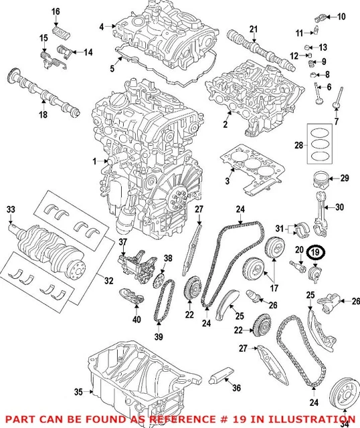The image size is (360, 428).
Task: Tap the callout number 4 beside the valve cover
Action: (x=102, y=26)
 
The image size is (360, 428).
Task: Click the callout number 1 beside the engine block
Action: (x=95, y=161)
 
